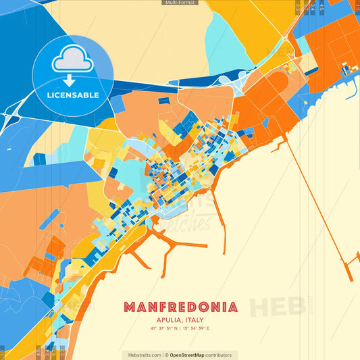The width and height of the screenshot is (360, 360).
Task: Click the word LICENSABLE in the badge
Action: (x=72, y=95)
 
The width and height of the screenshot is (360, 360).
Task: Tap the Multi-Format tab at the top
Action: (x=180, y=3)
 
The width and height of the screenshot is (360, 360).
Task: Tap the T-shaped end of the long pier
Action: (x=351, y=267)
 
